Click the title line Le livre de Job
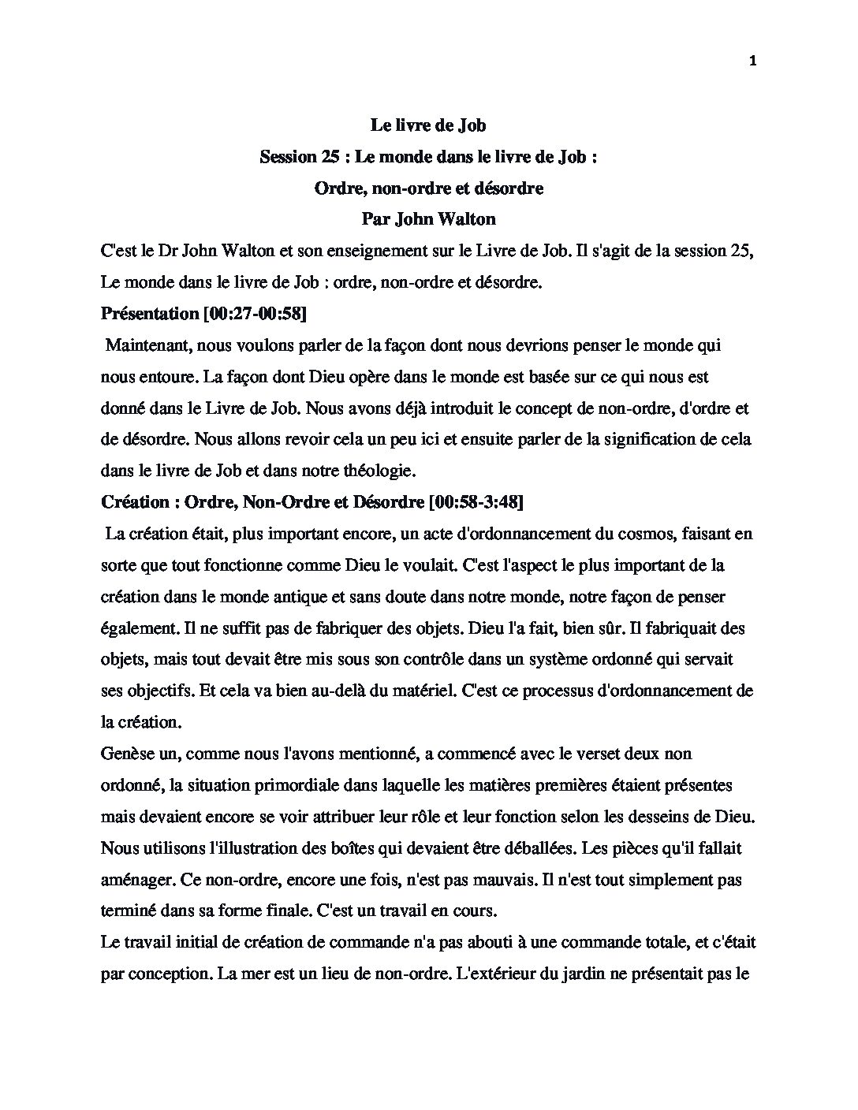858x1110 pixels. (428, 125)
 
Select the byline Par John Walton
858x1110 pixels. (428, 219)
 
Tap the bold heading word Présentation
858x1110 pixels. (150, 314)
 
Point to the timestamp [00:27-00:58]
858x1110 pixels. (255, 314)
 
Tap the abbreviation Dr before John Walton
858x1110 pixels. (166, 251)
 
